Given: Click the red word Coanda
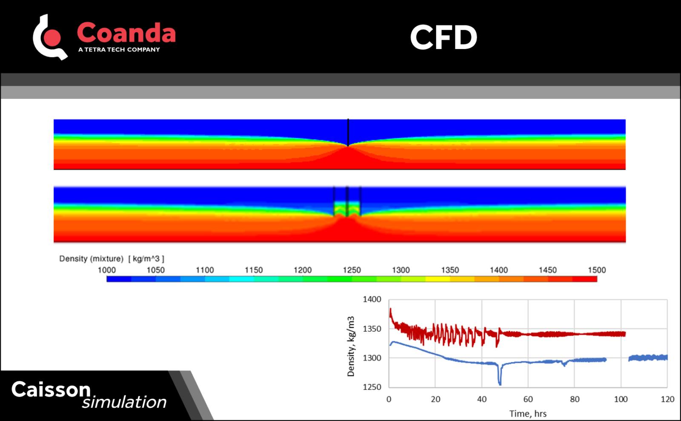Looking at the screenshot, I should click(126, 33).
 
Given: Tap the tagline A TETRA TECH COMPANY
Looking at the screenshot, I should click(119, 49).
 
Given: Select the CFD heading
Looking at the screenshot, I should click(444, 37).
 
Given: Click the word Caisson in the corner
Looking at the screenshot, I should click(51, 389).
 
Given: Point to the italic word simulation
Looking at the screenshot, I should click(124, 402).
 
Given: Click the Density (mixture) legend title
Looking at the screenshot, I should click(91, 259).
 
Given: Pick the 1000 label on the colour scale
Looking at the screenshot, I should click(106, 270).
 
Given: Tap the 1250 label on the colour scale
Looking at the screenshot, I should click(352, 270).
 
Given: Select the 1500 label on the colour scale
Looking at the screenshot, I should click(597, 270).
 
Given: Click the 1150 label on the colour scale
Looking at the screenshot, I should click(254, 270).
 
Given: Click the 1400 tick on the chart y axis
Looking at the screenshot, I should click(372, 300).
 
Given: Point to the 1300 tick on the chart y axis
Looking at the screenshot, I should click(372, 358).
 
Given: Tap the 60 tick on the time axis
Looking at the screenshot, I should click(528, 399).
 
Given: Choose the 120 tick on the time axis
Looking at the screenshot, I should click(667, 399).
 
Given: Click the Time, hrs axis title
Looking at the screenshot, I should click(528, 413).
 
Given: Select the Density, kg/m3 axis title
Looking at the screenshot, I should click(351, 346).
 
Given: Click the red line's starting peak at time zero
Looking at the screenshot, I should click(390, 310).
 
